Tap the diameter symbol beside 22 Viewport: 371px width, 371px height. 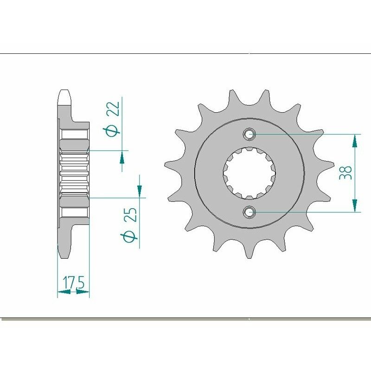point(113,131)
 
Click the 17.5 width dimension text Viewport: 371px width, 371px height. point(73,282)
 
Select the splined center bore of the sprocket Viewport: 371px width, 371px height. point(250,173)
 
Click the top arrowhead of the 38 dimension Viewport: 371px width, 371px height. point(355,140)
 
